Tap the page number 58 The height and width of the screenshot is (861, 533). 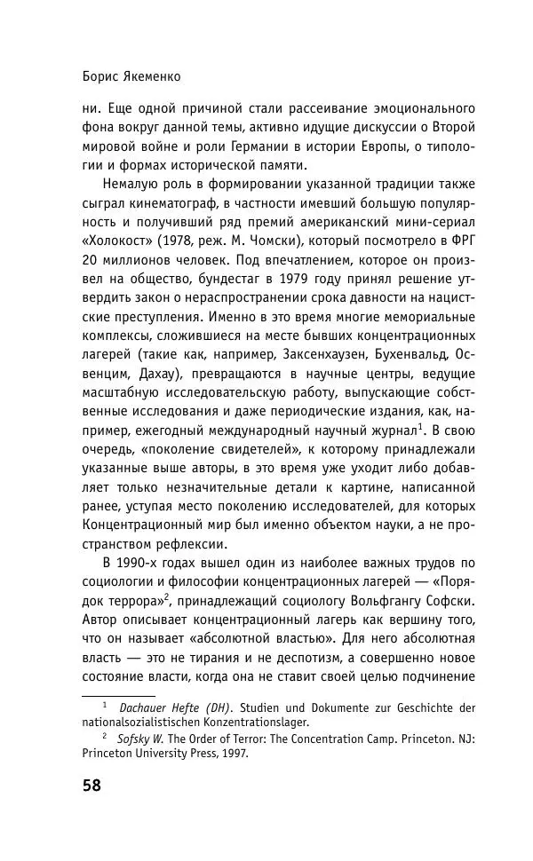click(x=91, y=786)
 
